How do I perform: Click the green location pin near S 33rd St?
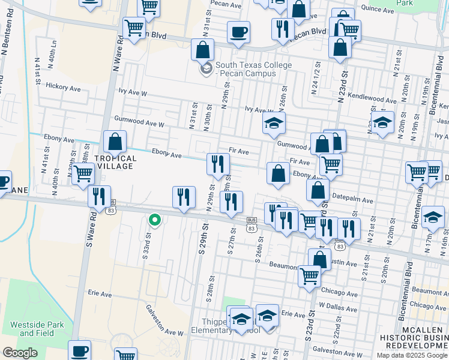pyautogui.click(x=154, y=220)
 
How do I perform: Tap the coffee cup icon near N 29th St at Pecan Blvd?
pyautogui.click(x=238, y=32)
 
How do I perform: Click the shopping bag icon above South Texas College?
pyautogui.click(x=202, y=49)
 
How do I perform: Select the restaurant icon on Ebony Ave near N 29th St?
pyautogui.click(x=218, y=163)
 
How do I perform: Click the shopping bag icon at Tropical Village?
pyautogui.click(x=115, y=142)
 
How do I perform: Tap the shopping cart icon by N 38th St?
pyautogui.click(x=83, y=173)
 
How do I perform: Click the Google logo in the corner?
pyautogui.click(x=20, y=353)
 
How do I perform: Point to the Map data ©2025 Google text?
pyautogui.click(x=411, y=355)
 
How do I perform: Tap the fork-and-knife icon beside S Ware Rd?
pyautogui.click(x=99, y=196)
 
